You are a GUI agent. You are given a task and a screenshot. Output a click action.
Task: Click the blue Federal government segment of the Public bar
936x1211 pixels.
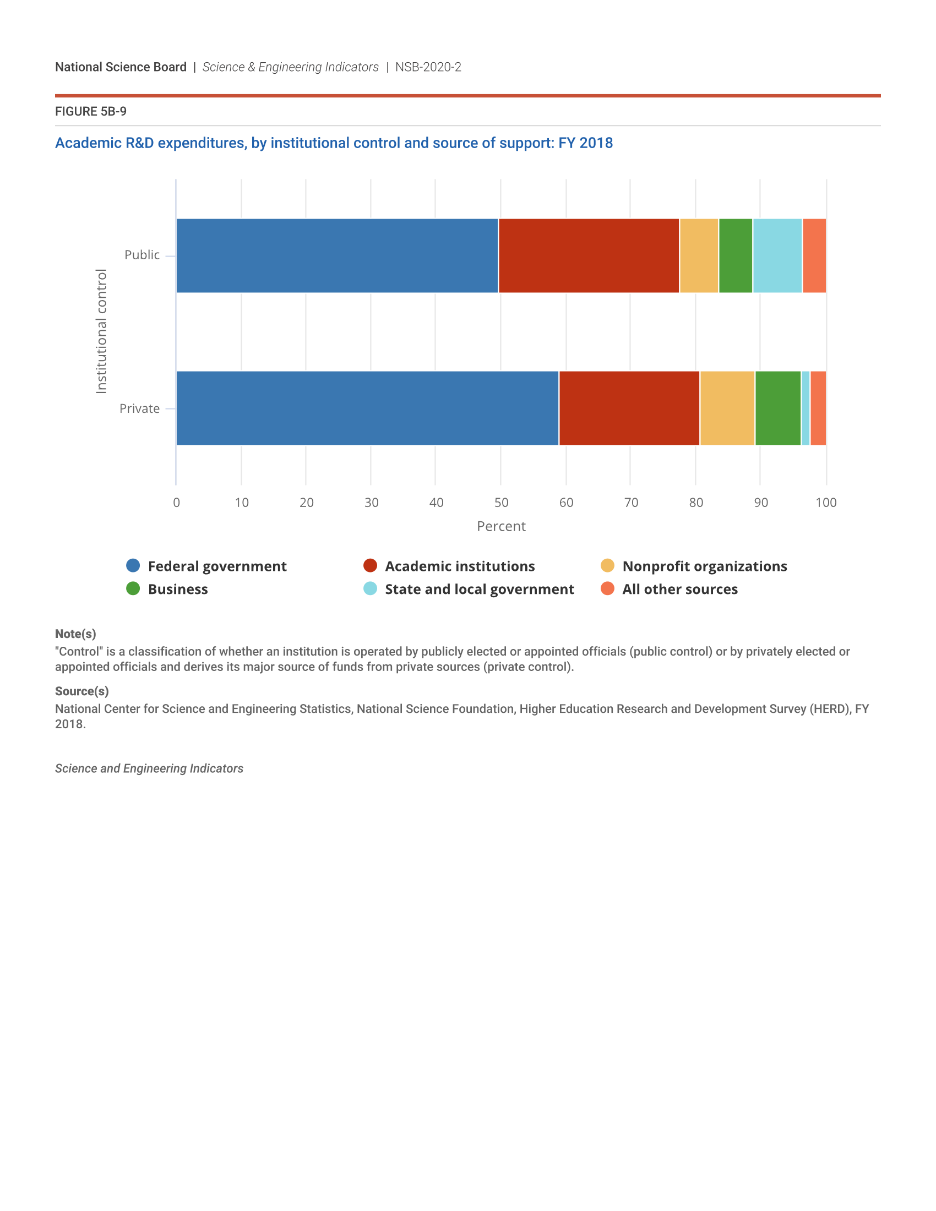click(337, 255)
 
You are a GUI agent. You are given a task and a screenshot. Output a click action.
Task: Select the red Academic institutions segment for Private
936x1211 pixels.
click(629, 408)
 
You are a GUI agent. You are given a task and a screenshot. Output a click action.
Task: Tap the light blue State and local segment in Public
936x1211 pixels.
click(777, 255)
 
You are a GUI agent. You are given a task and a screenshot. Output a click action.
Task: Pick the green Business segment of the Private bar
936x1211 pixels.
click(778, 408)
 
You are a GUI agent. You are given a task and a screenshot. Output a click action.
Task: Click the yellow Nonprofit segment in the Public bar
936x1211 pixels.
click(699, 255)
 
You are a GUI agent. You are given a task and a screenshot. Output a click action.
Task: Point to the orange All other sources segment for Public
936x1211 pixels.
click(814, 255)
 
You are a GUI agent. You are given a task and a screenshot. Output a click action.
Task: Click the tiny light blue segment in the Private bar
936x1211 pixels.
click(806, 408)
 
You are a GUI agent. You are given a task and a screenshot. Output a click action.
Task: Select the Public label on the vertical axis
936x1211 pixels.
click(142, 255)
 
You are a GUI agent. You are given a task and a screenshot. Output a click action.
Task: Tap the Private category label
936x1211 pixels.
click(140, 408)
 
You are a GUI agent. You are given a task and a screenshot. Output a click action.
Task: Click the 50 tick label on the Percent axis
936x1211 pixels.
click(501, 503)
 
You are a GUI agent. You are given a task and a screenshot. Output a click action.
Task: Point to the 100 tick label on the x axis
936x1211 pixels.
click(826, 503)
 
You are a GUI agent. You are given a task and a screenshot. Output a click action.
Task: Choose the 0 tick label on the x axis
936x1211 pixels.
click(176, 503)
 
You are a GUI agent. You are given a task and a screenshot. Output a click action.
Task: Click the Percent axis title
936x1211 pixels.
click(501, 526)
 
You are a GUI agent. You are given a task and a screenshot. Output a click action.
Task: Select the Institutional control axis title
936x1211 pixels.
click(101, 331)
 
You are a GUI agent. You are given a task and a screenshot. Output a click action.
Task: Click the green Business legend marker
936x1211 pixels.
click(133, 588)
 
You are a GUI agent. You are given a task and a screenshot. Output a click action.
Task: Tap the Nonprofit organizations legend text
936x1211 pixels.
click(705, 566)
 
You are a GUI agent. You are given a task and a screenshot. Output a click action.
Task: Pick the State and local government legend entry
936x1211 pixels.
click(479, 589)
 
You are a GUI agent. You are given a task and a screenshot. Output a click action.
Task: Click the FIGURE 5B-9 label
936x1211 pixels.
click(91, 111)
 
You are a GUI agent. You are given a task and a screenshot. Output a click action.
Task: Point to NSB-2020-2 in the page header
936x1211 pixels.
click(428, 67)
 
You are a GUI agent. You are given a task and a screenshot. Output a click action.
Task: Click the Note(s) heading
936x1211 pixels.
click(75, 634)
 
